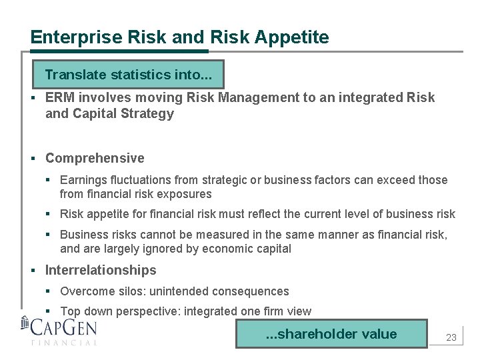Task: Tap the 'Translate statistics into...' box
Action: tap(129, 75)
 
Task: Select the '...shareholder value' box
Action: tap(331, 334)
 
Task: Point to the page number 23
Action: tap(451, 337)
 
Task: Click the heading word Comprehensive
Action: tap(95, 158)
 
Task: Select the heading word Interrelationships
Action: tap(101, 270)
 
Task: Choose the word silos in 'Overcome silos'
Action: tap(129, 291)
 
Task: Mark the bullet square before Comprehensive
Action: tap(33, 159)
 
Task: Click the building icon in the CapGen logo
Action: tap(25, 325)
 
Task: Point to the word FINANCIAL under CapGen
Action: tap(64, 343)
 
